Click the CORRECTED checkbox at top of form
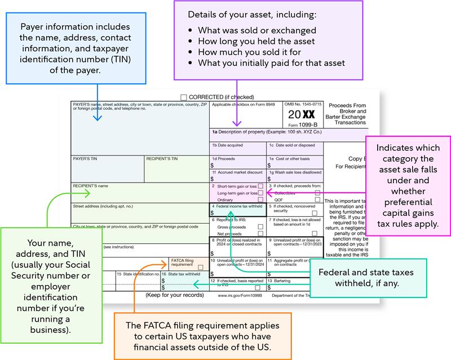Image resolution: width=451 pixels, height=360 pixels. pos(184,97)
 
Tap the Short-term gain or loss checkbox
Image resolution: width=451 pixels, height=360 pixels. pos(260,186)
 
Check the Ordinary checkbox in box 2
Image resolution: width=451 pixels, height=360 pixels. pos(260,199)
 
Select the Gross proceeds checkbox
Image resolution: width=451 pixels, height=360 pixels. pos(260,226)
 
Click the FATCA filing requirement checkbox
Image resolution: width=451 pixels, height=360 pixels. pos(201,267)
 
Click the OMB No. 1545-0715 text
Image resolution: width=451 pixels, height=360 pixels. pos(303,104)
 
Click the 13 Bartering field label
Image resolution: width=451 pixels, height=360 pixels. pos(281,281)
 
